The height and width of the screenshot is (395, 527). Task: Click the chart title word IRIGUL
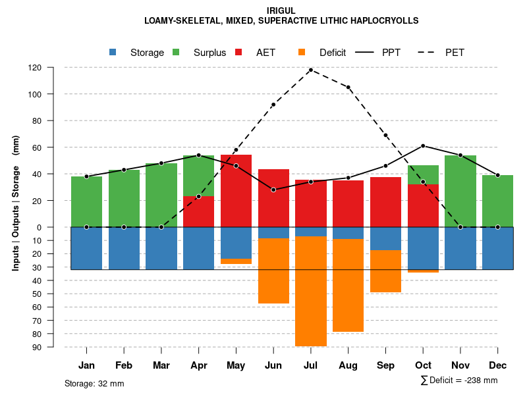pos(281,11)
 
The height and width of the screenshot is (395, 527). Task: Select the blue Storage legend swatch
pos(113,52)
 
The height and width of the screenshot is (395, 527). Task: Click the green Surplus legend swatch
pos(177,52)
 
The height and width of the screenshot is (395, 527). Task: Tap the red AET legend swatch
pos(239,52)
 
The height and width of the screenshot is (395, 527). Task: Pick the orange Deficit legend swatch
pos(302,52)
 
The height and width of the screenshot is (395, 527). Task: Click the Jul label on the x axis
pos(310,365)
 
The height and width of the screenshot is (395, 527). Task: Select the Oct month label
pos(423,365)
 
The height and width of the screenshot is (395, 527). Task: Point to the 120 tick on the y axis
pos(35,68)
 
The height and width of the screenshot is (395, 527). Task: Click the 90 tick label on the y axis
pos(36,347)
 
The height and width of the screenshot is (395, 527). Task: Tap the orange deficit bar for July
pos(310,291)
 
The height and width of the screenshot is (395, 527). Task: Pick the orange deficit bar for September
pos(385,271)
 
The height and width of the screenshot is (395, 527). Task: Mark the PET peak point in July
pos(310,70)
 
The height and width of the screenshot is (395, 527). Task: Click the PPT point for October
pos(423,145)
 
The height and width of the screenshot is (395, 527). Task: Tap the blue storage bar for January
pos(86,248)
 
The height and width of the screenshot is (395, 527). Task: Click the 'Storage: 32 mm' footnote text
pos(94,383)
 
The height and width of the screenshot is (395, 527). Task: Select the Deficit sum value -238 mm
pos(478,381)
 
